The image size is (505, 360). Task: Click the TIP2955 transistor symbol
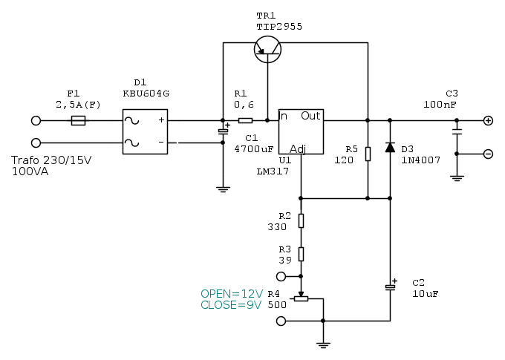coord(267,48)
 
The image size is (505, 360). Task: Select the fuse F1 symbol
coord(77,120)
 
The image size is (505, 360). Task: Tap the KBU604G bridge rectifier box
coord(145,131)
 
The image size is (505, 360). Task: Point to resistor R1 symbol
coord(245,120)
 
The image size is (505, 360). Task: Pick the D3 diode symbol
coord(390,147)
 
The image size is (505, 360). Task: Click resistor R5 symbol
coord(368,154)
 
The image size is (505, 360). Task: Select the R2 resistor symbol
coord(301,220)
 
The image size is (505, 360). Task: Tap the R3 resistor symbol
coord(301,254)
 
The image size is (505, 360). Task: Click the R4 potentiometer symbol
coord(301,298)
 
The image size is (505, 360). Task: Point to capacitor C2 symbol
coord(390,287)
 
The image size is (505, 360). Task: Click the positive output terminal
coord(488,120)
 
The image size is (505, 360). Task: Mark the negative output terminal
coord(488,154)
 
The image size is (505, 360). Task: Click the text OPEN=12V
coord(231,294)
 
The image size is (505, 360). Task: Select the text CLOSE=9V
coord(231,305)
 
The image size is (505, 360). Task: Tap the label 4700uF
coord(254,148)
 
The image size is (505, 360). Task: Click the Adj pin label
coord(298,148)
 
